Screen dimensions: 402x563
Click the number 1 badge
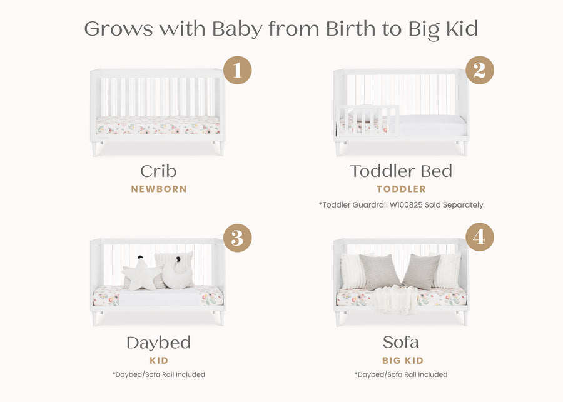pyautogui.click(x=237, y=70)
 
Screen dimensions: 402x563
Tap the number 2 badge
pyautogui.click(x=479, y=70)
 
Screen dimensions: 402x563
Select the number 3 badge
pyautogui.click(x=237, y=238)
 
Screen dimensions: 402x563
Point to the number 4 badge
pyautogui.click(x=479, y=238)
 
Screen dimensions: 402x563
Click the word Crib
pyautogui.click(x=158, y=171)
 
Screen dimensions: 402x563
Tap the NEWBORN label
pyautogui.click(x=159, y=189)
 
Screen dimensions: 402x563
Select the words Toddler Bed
pyautogui.click(x=401, y=171)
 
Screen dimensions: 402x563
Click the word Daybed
pyautogui.click(x=158, y=343)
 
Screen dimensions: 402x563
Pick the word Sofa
pyautogui.click(x=401, y=343)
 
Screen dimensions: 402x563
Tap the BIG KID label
pyautogui.click(x=403, y=361)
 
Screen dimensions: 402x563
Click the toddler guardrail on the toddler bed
pyautogui.click(x=367, y=119)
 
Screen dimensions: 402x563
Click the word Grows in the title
pyautogui.click(x=118, y=29)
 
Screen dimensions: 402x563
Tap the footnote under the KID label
pyautogui.click(x=159, y=374)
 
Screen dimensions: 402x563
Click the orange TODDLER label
pyautogui.click(x=401, y=189)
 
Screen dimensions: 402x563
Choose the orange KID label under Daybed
pyautogui.click(x=159, y=361)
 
